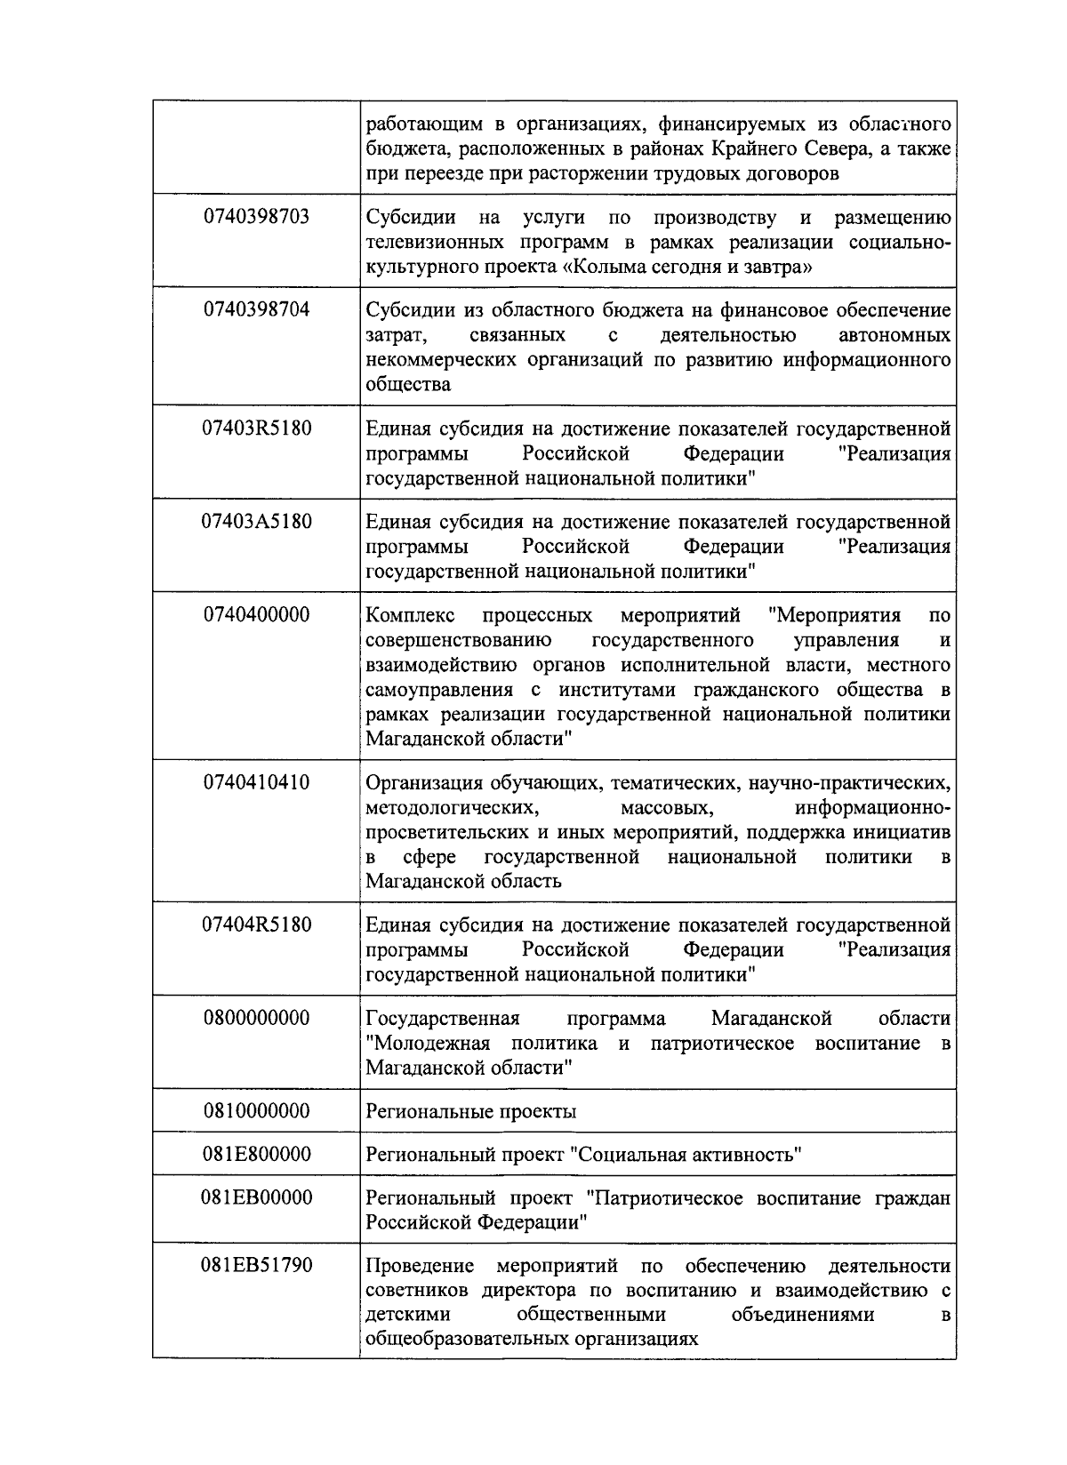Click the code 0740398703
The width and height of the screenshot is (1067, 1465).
click(256, 216)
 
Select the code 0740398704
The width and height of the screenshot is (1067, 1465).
click(256, 309)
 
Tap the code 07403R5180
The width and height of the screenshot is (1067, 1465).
click(256, 428)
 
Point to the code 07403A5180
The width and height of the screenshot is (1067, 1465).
click(256, 521)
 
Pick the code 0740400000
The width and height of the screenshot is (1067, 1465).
click(256, 614)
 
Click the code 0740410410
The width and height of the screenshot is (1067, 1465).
click(256, 782)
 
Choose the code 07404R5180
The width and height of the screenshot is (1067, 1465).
click(256, 925)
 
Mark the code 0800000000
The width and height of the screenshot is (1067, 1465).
click(256, 1018)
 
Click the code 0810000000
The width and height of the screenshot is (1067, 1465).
click(256, 1111)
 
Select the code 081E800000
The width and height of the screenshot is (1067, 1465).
click(256, 1155)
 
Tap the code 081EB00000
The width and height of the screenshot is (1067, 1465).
click(256, 1197)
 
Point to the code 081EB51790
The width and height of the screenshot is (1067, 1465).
click(256, 1265)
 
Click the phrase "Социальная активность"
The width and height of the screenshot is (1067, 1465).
click(686, 1156)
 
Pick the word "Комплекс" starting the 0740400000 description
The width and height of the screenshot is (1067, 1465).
click(410, 615)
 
